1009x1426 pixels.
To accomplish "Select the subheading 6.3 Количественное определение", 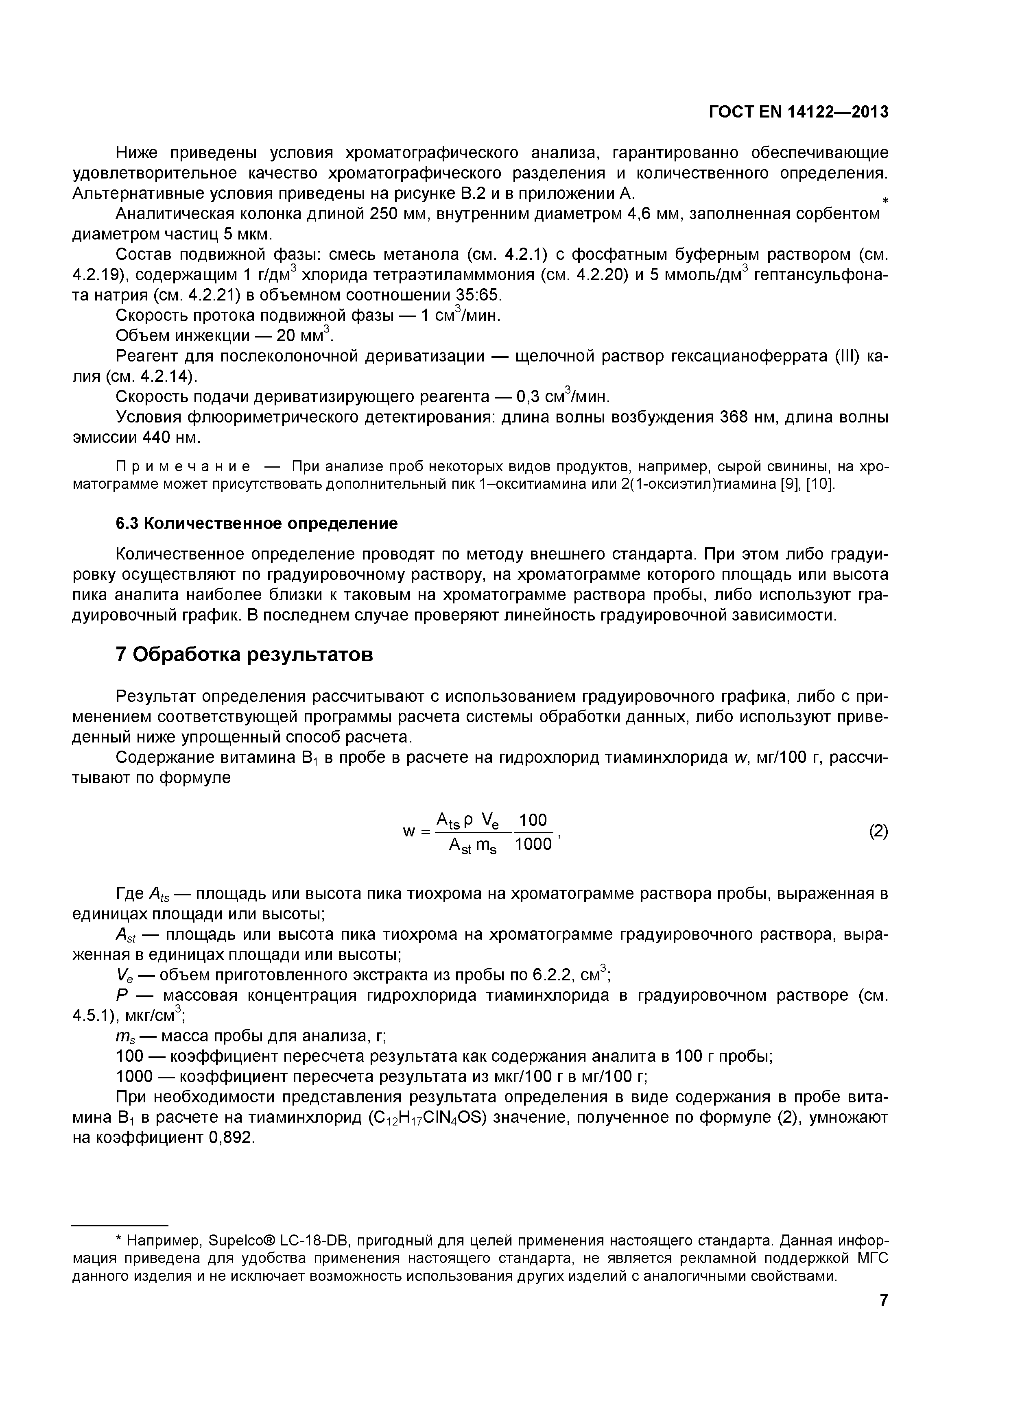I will tap(257, 524).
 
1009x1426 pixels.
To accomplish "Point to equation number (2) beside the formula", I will tap(878, 831).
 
